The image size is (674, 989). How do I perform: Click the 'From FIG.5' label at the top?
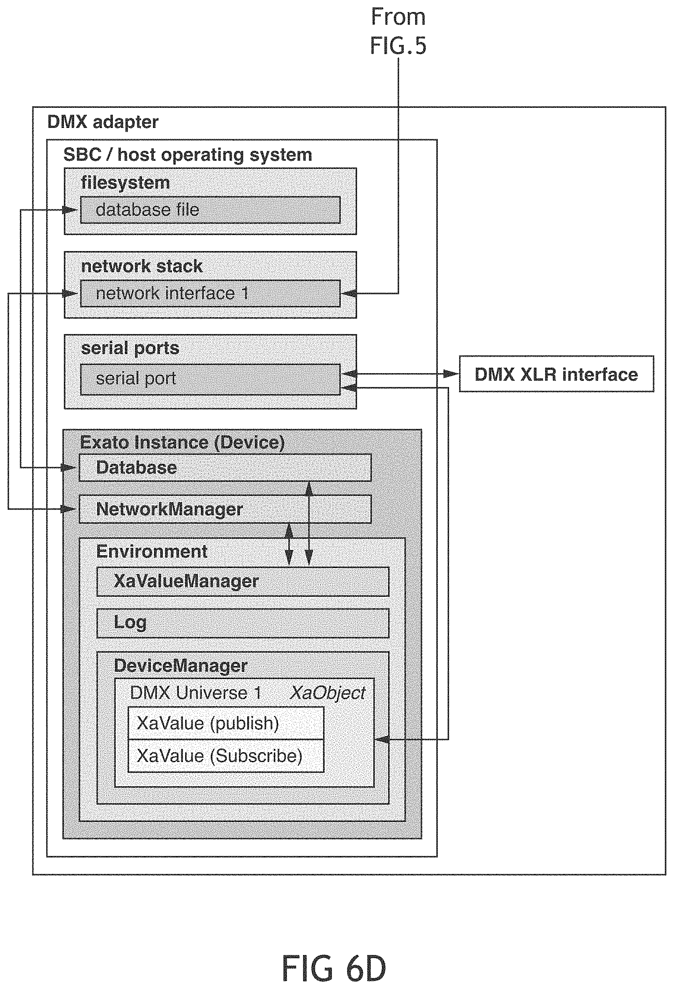pos(398,31)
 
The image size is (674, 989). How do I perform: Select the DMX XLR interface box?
pos(556,374)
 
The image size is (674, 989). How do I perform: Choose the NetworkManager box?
pos(225,509)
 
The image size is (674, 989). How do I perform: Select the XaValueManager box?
pos(243,581)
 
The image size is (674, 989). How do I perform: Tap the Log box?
pos(243,623)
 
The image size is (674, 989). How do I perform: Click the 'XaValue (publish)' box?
pos(226,723)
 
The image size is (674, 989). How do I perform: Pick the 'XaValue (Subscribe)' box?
pos(226,756)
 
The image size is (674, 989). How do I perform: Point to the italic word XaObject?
pos(328,693)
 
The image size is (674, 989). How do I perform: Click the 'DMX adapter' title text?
pos(103,122)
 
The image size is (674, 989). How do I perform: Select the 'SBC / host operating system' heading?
pos(188,155)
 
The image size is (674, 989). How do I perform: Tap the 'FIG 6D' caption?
pos(334,968)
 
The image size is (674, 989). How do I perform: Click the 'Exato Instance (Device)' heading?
pos(183,443)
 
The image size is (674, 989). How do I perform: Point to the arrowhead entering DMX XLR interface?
pos(451,374)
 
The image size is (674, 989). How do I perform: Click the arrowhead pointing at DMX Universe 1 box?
pos(382,739)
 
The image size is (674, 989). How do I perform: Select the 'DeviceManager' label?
pos(181,666)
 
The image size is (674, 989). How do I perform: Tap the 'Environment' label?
pos(152,552)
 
